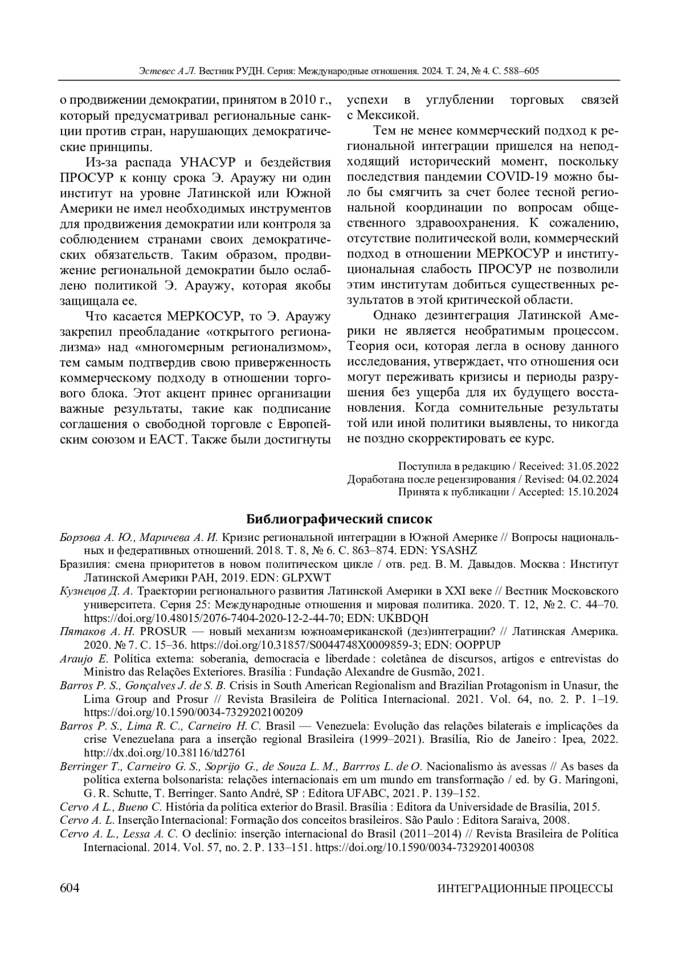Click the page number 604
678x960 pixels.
(x=69, y=888)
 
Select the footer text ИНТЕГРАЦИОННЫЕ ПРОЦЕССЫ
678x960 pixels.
(x=525, y=889)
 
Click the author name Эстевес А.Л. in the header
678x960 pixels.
(x=167, y=71)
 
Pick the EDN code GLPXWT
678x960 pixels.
(x=308, y=577)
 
